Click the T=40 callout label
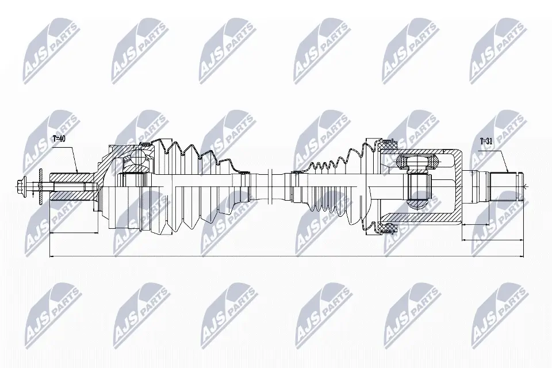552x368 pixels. point(59,139)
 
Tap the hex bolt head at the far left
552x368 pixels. point(22,185)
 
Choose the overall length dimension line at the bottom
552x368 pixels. point(287,256)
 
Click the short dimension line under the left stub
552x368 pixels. point(73,232)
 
